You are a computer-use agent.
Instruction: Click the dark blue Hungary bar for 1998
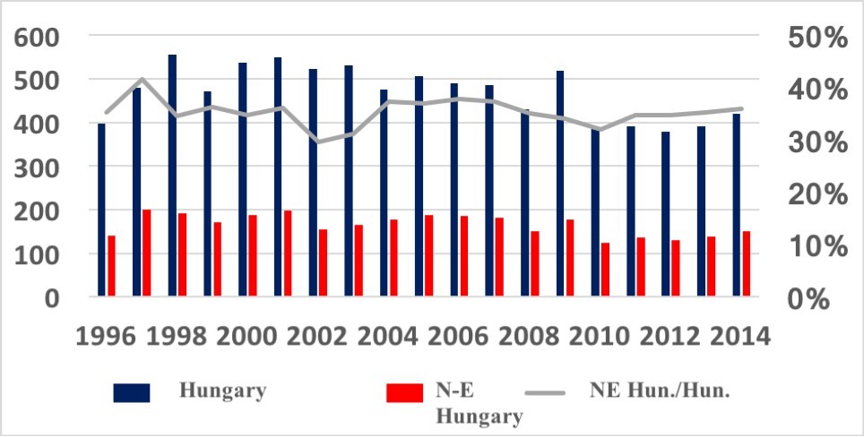pos(172,176)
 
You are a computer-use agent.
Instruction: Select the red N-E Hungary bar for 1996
pos(112,266)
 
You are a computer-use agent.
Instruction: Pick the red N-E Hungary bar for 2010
pos(606,270)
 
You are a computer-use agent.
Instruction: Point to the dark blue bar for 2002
pos(313,183)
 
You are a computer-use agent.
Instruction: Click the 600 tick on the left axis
pos(39,38)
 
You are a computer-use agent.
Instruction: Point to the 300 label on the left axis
pos(39,167)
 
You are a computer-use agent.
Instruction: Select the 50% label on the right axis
pos(816,38)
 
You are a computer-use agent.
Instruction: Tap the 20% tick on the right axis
pos(816,193)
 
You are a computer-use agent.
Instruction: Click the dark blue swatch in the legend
pos(131,392)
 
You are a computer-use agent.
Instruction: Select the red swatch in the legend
pos(403,392)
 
